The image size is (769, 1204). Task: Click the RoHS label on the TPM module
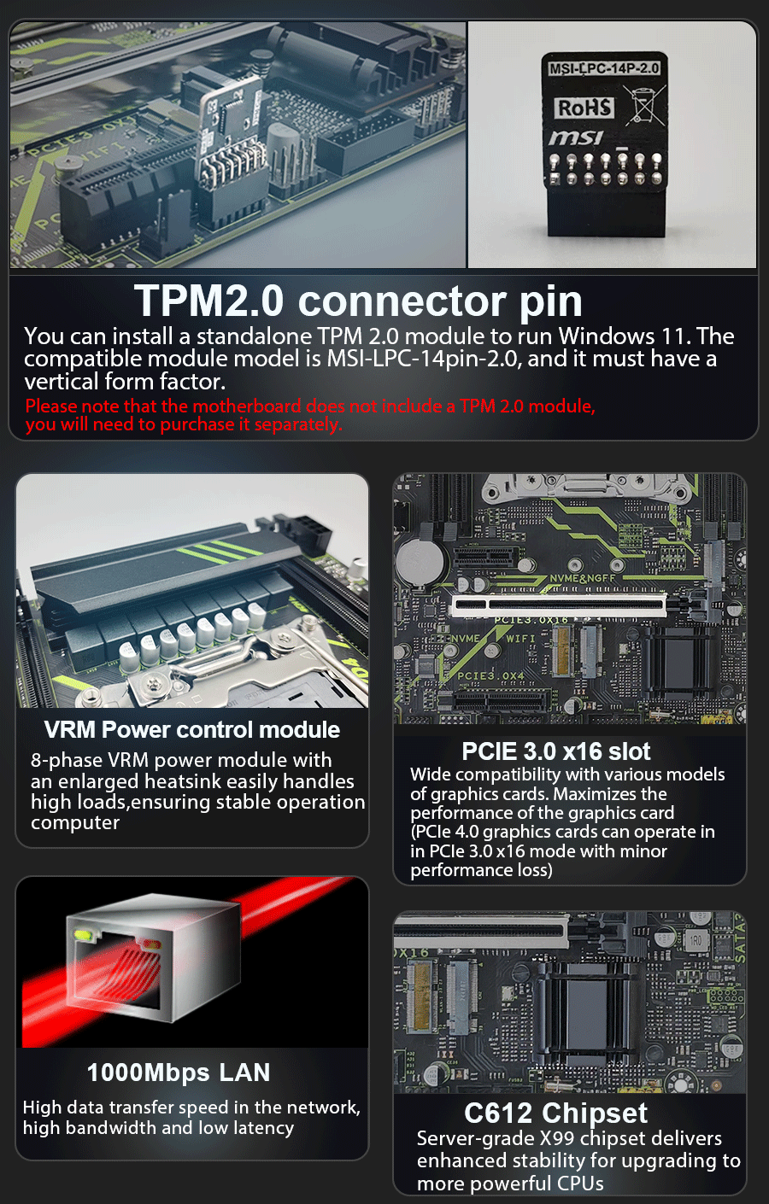tap(584, 108)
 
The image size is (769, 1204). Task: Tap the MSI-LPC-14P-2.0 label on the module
tap(604, 68)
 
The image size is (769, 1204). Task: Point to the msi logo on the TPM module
tap(576, 138)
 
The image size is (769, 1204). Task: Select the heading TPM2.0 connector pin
tap(358, 301)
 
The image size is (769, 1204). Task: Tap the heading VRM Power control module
tap(192, 730)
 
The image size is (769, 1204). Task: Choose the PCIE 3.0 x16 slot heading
tap(556, 751)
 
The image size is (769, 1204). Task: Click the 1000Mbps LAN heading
tap(179, 1072)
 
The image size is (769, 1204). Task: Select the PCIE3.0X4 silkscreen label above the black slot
tap(490, 675)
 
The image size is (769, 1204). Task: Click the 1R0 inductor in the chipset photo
tap(696, 941)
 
